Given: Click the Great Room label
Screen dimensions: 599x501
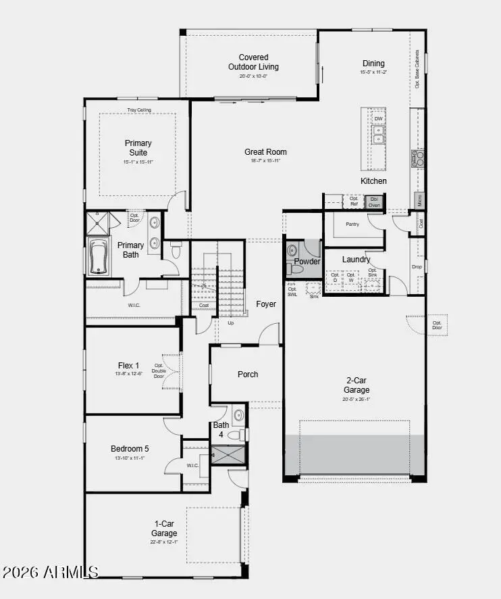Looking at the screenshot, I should pyautogui.click(x=265, y=152).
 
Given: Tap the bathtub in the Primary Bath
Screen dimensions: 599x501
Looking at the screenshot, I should pyautogui.click(x=99, y=258).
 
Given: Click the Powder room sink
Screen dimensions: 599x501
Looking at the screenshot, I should pyautogui.click(x=292, y=250).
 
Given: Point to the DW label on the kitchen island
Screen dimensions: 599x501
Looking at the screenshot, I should pyautogui.click(x=379, y=119).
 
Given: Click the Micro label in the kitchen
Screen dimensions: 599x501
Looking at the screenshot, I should pyautogui.click(x=419, y=199).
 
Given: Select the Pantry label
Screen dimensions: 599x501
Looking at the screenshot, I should pyautogui.click(x=352, y=224).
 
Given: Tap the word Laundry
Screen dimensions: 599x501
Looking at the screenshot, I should pyautogui.click(x=356, y=260).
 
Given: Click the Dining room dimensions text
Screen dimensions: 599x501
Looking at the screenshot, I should pyautogui.click(x=373, y=72).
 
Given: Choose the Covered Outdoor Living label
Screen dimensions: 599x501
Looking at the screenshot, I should pyautogui.click(x=253, y=62).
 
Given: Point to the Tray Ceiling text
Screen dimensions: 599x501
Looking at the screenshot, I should pyautogui.click(x=139, y=110).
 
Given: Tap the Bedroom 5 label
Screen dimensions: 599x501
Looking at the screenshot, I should pyautogui.click(x=130, y=448).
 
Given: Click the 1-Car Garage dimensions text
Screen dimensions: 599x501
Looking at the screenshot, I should pyautogui.click(x=164, y=542).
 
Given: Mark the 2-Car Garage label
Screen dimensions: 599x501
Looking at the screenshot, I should pyautogui.click(x=356, y=385).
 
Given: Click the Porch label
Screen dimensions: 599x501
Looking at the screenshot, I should pyautogui.click(x=248, y=374).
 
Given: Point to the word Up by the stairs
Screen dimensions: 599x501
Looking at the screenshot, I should pyautogui.click(x=230, y=322).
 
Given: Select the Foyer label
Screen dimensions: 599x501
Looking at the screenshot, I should pyautogui.click(x=266, y=304).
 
